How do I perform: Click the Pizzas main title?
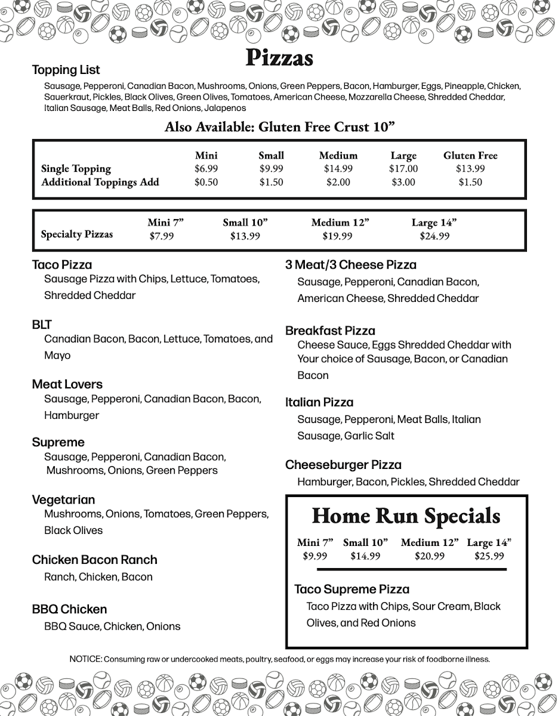pyautogui.click(x=279, y=58)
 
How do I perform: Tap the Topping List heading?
pyautogui.click(x=66, y=70)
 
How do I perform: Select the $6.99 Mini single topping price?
pyautogui.click(x=206, y=168)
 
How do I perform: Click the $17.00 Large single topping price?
pyautogui.click(x=403, y=168)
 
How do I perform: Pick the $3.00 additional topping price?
pyautogui.click(x=403, y=182)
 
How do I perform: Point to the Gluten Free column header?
pyautogui.click(x=470, y=155)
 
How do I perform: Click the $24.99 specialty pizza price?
pyautogui.click(x=434, y=236)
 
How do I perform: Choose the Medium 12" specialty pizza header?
pyautogui.click(x=340, y=223)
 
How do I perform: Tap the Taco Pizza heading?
pyautogui.click(x=62, y=264)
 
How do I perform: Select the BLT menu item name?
pyautogui.click(x=42, y=325)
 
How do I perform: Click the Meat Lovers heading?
pyautogui.click(x=67, y=384)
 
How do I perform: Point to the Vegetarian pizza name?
pyautogui.click(x=64, y=499)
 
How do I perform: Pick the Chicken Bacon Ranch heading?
pyautogui.click(x=95, y=560)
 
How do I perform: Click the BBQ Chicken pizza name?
pyautogui.click(x=70, y=609)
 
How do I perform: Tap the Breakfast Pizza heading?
pyautogui.click(x=330, y=331)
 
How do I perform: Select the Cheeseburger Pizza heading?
pyautogui.click(x=343, y=465)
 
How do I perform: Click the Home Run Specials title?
pyautogui.click(x=406, y=516)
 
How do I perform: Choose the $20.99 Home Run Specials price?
pyautogui.click(x=430, y=556)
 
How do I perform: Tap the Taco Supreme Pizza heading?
pyautogui.click(x=352, y=589)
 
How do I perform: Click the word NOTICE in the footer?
pyautogui.click(x=85, y=659)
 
